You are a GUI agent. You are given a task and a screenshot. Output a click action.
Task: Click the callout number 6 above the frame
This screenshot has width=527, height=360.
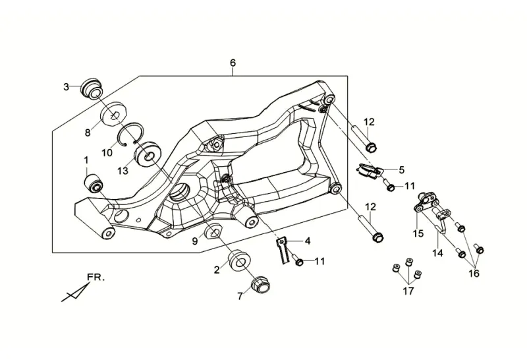[233, 63]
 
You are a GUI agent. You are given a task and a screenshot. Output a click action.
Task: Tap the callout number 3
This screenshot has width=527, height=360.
[67, 87]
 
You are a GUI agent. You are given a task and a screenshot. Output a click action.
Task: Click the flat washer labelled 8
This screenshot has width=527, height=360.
[114, 113]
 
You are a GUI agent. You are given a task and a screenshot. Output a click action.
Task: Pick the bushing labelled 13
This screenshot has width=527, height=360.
[147, 154]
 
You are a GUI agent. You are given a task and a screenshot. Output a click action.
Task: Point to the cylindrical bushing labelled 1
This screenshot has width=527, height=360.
[94, 183]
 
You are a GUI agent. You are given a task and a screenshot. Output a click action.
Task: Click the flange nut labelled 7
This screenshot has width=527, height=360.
[260, 285]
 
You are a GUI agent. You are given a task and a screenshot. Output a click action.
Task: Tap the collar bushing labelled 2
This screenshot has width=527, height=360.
[238, 260]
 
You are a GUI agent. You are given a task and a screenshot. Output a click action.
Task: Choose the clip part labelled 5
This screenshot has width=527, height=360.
[369, 170]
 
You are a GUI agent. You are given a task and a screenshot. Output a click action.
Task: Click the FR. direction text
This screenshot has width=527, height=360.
[96, 278]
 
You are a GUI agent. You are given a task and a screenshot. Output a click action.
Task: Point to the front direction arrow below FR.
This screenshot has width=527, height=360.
[76, 291]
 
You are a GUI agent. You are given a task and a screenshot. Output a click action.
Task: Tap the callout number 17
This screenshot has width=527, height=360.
[408, 291]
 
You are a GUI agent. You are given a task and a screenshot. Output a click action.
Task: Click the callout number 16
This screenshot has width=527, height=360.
[474, 274]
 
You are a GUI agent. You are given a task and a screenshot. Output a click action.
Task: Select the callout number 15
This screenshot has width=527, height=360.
[418, 233]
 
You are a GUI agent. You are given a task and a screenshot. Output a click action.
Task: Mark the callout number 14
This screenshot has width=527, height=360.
[437, 253]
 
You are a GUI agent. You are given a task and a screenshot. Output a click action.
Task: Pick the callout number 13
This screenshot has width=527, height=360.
[123, 171]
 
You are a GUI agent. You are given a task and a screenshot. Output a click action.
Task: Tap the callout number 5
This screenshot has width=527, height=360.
[402, 170]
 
